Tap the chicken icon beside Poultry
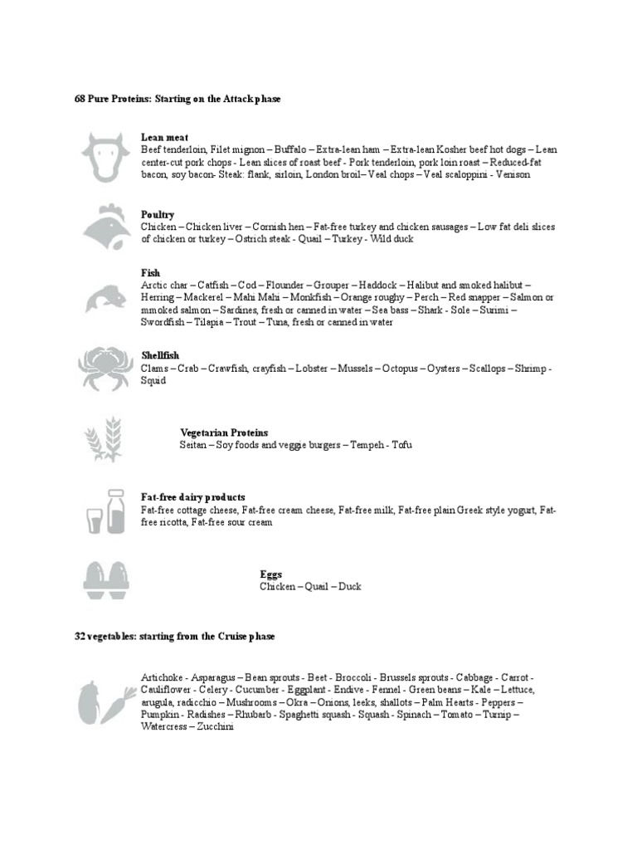(106, 227)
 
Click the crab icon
(105, 365)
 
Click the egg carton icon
(106, 579)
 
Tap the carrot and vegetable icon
(106, 702)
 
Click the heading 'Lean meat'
(164, 137)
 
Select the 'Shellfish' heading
(160, 355)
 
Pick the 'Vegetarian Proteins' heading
(224, 432)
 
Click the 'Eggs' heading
(270, 574)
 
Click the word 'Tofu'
(401, 445)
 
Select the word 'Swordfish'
(162, 322)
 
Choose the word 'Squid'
(153, 380)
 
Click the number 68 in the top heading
(80, 99)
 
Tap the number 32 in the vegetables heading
(80, 636)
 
